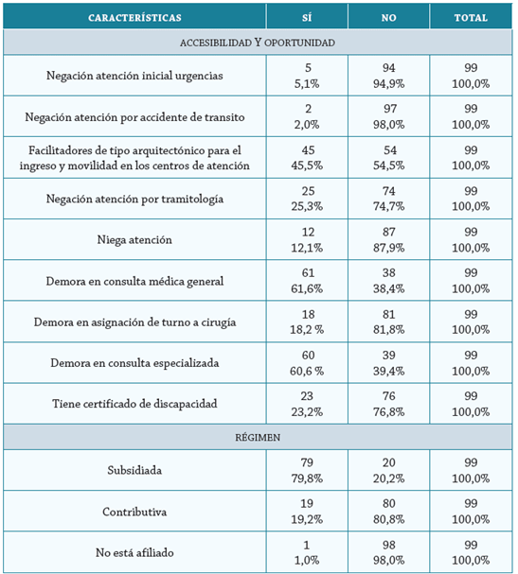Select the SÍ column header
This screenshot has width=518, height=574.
(x=306, y=17)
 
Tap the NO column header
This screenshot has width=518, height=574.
(x=388, y=17)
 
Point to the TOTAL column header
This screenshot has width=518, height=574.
(x=471, y=17)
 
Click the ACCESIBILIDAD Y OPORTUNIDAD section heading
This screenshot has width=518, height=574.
(x=258, y=43)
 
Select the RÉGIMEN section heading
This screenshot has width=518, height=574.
(x=258, y=436)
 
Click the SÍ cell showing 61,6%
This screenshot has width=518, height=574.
(x=306, y=281)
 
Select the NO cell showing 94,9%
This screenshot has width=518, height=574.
(x=388, y=76)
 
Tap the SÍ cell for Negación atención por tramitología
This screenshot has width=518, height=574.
(x=306, y=199)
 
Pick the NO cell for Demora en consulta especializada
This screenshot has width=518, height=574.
(x=388, y=363)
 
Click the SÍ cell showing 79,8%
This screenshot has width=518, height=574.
(x=306, y=470)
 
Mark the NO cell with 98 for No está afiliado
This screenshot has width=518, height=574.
(x=388, y=552)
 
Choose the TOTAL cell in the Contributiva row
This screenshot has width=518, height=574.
(x=471, y=512)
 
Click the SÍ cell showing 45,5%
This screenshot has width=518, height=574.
(x=306, y=157)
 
